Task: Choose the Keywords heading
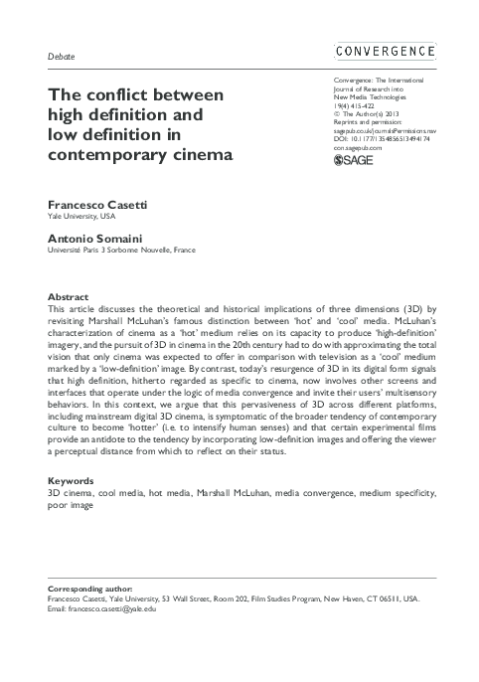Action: tap(72, 480)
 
